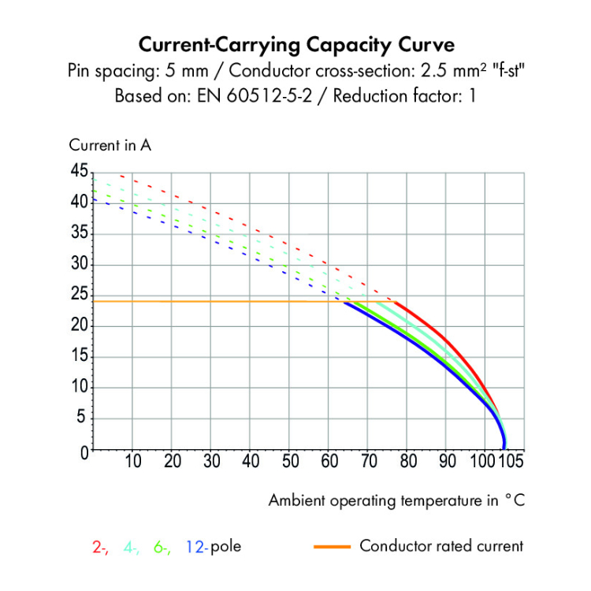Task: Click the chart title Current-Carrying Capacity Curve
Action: [x=296, y=43]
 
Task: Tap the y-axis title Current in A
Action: [x=110, y=145]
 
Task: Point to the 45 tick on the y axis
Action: [x=79, y=172]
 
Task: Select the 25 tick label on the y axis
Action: [x=79, y=295]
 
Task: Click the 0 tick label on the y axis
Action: [x=84, y=452]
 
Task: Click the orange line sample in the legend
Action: [x=332, y=545]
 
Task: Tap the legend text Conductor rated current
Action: [x=441, y=545]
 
